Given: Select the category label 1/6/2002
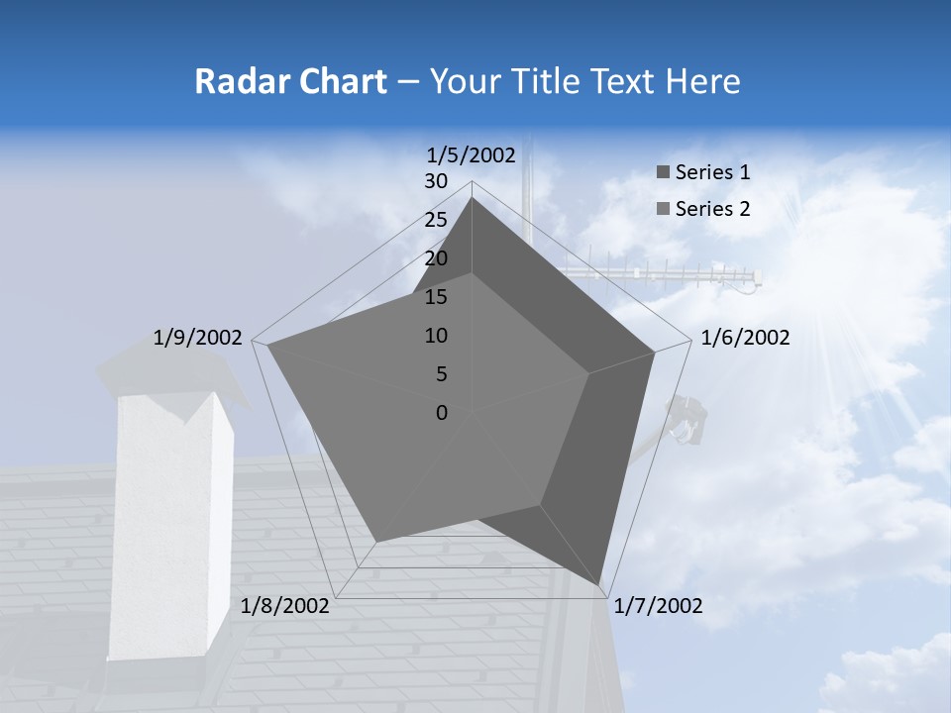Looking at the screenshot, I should (x=745, y=338).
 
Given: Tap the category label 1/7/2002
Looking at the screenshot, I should (x=659, y=606).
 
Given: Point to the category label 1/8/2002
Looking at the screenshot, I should (x=285, y=606).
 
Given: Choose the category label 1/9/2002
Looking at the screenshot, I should (x=198, y=338).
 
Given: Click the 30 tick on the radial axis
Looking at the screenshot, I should (x=436, y=181).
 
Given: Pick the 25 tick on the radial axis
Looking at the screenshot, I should (x=436, y=220).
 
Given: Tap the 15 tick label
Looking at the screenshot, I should (x=436, y=297).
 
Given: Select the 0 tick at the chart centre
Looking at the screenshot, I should (x=442, y=412).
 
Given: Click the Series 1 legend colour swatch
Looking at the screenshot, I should (x=663, y=173).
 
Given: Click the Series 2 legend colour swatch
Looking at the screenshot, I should (x=663, y=209).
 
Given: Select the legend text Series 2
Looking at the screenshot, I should (x=712, y=209).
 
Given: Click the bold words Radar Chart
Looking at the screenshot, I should (x=290, y=81).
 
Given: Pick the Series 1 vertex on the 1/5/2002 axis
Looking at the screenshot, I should (x=472, y=198).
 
